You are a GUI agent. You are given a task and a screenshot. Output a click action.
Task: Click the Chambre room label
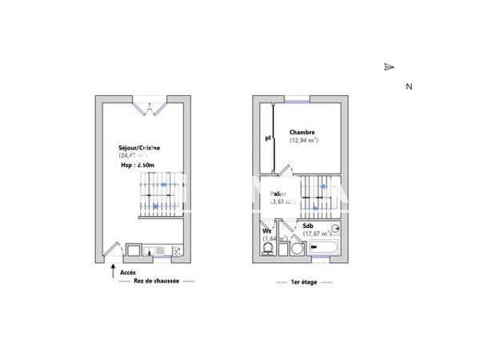(x=302, y=132)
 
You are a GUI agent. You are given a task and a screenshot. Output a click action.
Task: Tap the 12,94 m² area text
(x=303, y=141)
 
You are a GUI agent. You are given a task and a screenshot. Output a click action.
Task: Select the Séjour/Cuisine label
(x=138, y=148)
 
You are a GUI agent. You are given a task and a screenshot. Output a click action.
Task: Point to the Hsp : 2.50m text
(x=137, y=164)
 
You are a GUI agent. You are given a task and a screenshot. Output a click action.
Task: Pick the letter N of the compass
(x=408, y=86)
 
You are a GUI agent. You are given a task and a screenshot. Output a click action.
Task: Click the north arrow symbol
(x=389, y=67)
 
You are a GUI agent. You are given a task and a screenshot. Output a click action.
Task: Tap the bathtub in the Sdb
(x=324, y=248)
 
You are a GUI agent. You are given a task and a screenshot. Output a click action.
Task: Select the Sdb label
(x=308, y=226)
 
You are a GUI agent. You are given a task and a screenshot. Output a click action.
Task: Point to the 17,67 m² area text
(x=316, y=234)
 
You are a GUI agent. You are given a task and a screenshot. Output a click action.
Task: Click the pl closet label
(x=268, y=138)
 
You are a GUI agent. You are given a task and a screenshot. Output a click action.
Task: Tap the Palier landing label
(x=278, y=194)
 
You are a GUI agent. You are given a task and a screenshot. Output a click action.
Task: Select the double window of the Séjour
(x=150, y=106)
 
